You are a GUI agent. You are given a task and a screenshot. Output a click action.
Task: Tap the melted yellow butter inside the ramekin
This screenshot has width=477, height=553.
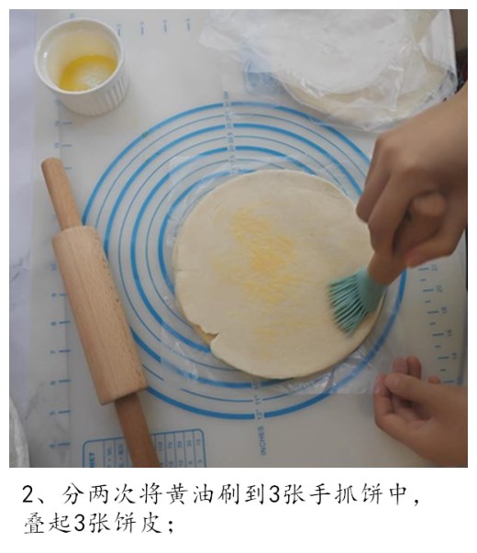click(x=87, y=72)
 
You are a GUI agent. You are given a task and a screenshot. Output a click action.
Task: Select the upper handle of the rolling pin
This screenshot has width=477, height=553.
click(x=61, y=193)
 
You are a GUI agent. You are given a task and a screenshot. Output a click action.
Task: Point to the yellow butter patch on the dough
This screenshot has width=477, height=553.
click(x=261, y=252)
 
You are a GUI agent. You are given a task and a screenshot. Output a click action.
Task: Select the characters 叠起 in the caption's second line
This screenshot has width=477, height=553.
click(x=47, y=525)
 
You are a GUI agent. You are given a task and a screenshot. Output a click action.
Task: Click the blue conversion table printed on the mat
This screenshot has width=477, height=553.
click(x=147, y=449)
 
